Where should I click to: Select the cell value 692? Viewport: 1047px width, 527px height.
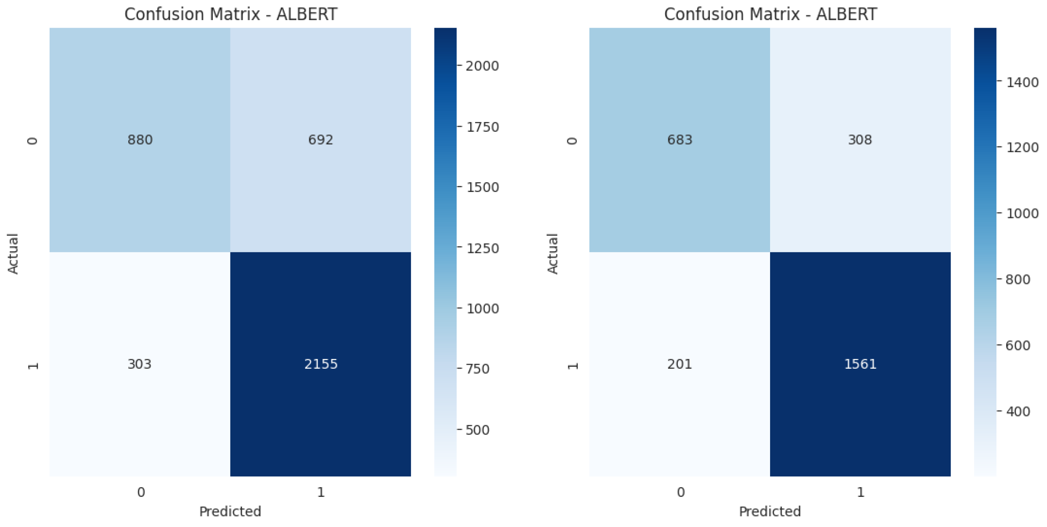point(320,140)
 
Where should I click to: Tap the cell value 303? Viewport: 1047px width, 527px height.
point(139,364)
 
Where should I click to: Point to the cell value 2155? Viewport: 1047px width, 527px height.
point(321,364)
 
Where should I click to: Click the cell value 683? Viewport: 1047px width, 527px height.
point(680,140)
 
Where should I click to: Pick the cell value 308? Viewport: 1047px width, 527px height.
point(860,140)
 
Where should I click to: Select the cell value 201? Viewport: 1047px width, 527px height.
point(680,364)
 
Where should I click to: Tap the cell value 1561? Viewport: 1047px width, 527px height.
point(861,364)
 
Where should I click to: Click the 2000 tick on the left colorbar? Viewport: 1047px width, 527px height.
point(482,66)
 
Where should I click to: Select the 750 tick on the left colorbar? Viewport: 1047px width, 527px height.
point(478,369)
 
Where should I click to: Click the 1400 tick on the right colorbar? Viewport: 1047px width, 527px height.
point(1022,82)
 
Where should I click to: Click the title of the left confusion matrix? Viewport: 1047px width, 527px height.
point(230,14)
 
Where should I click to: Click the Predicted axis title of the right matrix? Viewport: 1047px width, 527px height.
point(770,511)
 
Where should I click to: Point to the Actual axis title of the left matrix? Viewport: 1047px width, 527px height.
point(13,254)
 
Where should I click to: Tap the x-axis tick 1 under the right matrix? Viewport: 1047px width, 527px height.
point(861,492)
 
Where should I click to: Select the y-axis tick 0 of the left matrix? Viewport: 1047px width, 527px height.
point(33,141)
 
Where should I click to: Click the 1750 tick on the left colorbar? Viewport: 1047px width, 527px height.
point(482,127)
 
